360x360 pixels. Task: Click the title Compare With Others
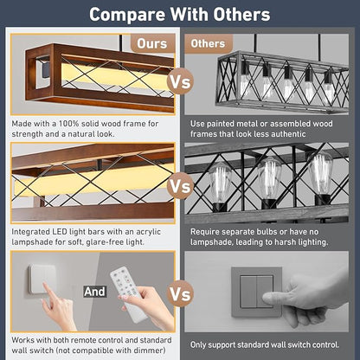click(179, 14)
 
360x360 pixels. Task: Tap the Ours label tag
click(152, 43)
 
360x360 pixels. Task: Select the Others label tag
click(208, 43)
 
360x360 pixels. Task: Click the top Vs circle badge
click(180, 81)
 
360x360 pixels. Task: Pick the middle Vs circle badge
click(180, 186)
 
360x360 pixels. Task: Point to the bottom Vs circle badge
click(180, 293)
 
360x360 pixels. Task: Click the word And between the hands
click(94, 292)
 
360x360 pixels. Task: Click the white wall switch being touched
click(42, 280)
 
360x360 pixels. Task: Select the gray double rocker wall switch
click(257, 292)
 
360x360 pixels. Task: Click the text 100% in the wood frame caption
click(69, 124)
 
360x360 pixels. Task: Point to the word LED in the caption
click(60, 232)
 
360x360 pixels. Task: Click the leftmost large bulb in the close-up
click(220, 182)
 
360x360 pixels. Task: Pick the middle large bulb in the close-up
click(269, 178)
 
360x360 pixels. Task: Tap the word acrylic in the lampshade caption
click(148, 232)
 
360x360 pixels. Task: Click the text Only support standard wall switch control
click(265, 344)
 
